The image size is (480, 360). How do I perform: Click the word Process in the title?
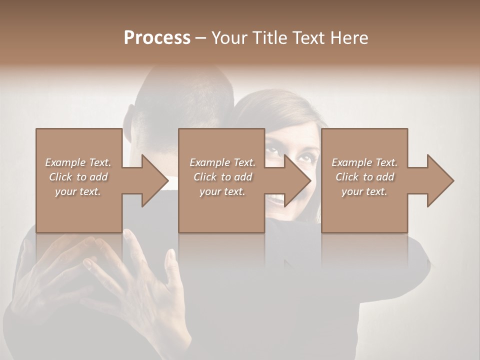coord(157,37)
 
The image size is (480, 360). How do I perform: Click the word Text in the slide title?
coord(308,37)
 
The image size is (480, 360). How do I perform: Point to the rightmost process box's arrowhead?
coord(440,180)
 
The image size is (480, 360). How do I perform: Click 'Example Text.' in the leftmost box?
coord(78,162)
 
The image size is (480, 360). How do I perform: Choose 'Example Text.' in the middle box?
coord(222,162)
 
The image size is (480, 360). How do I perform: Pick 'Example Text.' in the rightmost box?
coord(364,162)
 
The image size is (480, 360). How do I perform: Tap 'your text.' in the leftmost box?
coord(78,191)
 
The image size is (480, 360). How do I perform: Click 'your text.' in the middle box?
coord(222,191)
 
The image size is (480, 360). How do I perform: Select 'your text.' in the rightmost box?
coord(364,191)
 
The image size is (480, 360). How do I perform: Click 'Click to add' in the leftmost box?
coord(78,177)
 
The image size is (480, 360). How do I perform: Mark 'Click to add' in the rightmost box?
coord(364,177)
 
